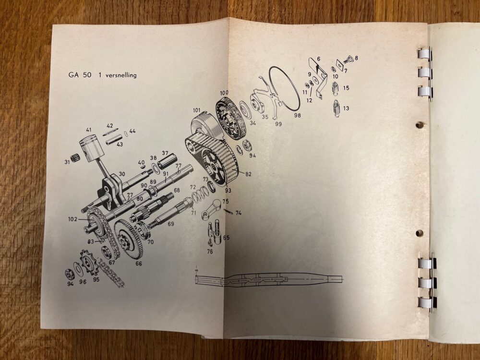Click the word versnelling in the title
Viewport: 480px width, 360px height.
pyautogui.click(x=121, y=75)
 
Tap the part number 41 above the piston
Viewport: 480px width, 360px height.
pyautogui.click(x=89, y=130)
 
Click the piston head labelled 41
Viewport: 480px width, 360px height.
pyautogui.click(x=91, y=150)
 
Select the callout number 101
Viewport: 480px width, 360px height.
pyautogui.click(x=196, y=110)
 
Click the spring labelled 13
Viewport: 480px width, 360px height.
pyautogui.click(x=336, y=108)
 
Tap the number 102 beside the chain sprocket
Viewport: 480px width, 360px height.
pyautogui.click(x=72, y=219)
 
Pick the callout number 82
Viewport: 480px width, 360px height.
pyautogui.click(x=248, y=174)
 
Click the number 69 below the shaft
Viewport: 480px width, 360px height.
pyautogui.click(x=170, y=224)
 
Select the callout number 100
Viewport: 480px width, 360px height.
pyautogui.click(x=224, y=93)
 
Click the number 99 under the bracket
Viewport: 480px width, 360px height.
pyautogui.click(x=278, y=124)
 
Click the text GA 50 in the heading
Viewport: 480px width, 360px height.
pyautogui.click(x=80, y=75)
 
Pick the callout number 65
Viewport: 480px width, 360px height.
pyautogui.click(x=226, y=238)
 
